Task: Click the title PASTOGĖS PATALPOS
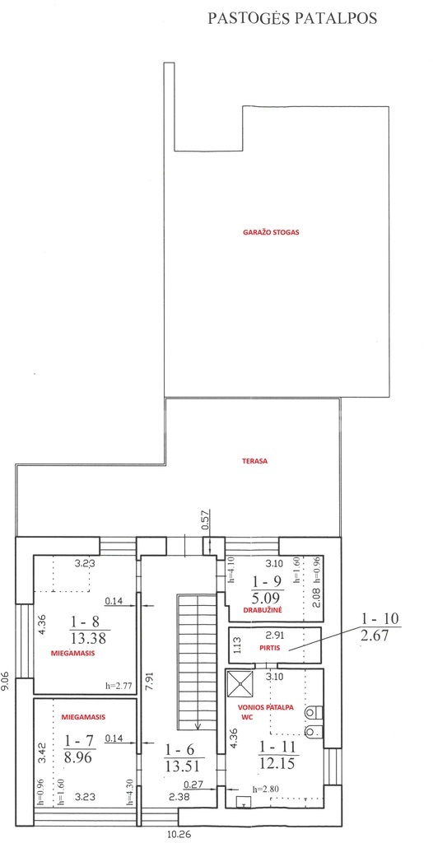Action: point(292,19)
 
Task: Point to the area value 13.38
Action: point(89,638)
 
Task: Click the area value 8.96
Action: point(78,757)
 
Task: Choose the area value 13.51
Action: point(181,766)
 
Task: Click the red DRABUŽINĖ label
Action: point(259,610)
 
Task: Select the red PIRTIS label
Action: point(272,649)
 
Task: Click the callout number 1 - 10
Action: point(381,619)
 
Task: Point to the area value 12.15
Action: point(277,763)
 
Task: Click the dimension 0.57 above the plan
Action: point(206,520)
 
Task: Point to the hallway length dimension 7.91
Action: point(147,679)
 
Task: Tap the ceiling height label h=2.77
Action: point(119,686)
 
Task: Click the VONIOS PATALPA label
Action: point(266,707)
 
